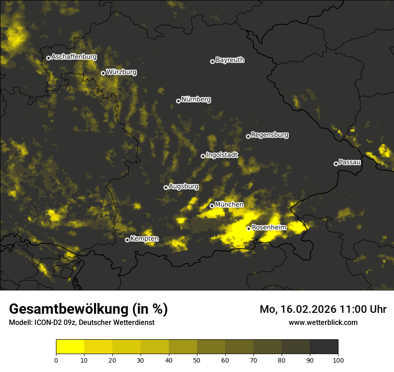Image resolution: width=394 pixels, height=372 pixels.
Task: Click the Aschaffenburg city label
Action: point(74,57)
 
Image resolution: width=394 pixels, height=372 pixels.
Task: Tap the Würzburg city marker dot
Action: point(103,73)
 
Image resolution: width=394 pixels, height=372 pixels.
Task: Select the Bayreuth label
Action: point(230,60)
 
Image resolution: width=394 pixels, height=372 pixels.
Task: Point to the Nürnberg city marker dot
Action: point(178,101)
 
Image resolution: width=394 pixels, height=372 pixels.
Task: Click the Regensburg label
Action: point(270,134)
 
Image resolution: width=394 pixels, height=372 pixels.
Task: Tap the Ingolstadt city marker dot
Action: point(203,156)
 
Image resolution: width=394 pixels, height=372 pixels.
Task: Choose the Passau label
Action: point(350,162)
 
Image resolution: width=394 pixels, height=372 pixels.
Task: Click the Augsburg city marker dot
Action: point(166,187)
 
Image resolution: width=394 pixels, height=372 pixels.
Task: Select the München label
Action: point(229,205)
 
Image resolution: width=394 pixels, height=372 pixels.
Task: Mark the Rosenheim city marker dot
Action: point(248,229)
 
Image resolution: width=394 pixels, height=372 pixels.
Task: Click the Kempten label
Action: point(144,239)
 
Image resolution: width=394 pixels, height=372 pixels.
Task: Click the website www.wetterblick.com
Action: point(323,322)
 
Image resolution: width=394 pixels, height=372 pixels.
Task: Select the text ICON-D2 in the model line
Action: point(48,323)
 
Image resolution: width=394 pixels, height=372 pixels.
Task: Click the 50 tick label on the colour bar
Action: point(197,359)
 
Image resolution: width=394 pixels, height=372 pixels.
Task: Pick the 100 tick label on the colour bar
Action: point(338,359)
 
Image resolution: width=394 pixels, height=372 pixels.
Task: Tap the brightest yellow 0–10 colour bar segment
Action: point(70,347)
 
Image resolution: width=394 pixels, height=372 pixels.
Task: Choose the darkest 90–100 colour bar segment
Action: point(324,347)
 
